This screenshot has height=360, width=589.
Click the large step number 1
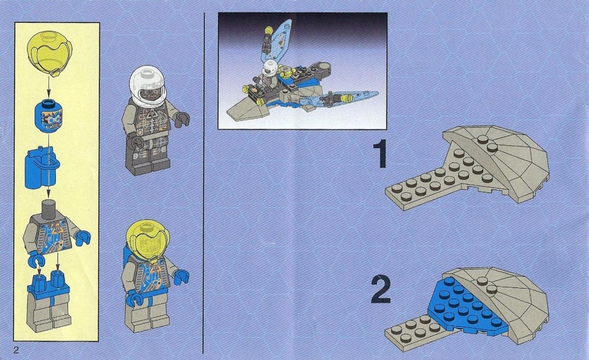[x=380, y=154]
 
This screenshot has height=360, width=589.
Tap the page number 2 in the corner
[x=16, y=350]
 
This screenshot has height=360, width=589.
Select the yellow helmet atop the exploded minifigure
[x=50, y=53]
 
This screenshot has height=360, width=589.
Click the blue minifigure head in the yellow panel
[x=48, y=115]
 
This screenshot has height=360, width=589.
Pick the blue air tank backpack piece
[x=42, y=167]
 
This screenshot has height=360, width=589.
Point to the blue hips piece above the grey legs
[x=48, y=284]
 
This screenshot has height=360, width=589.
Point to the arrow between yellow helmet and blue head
[x=49, y=88]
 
